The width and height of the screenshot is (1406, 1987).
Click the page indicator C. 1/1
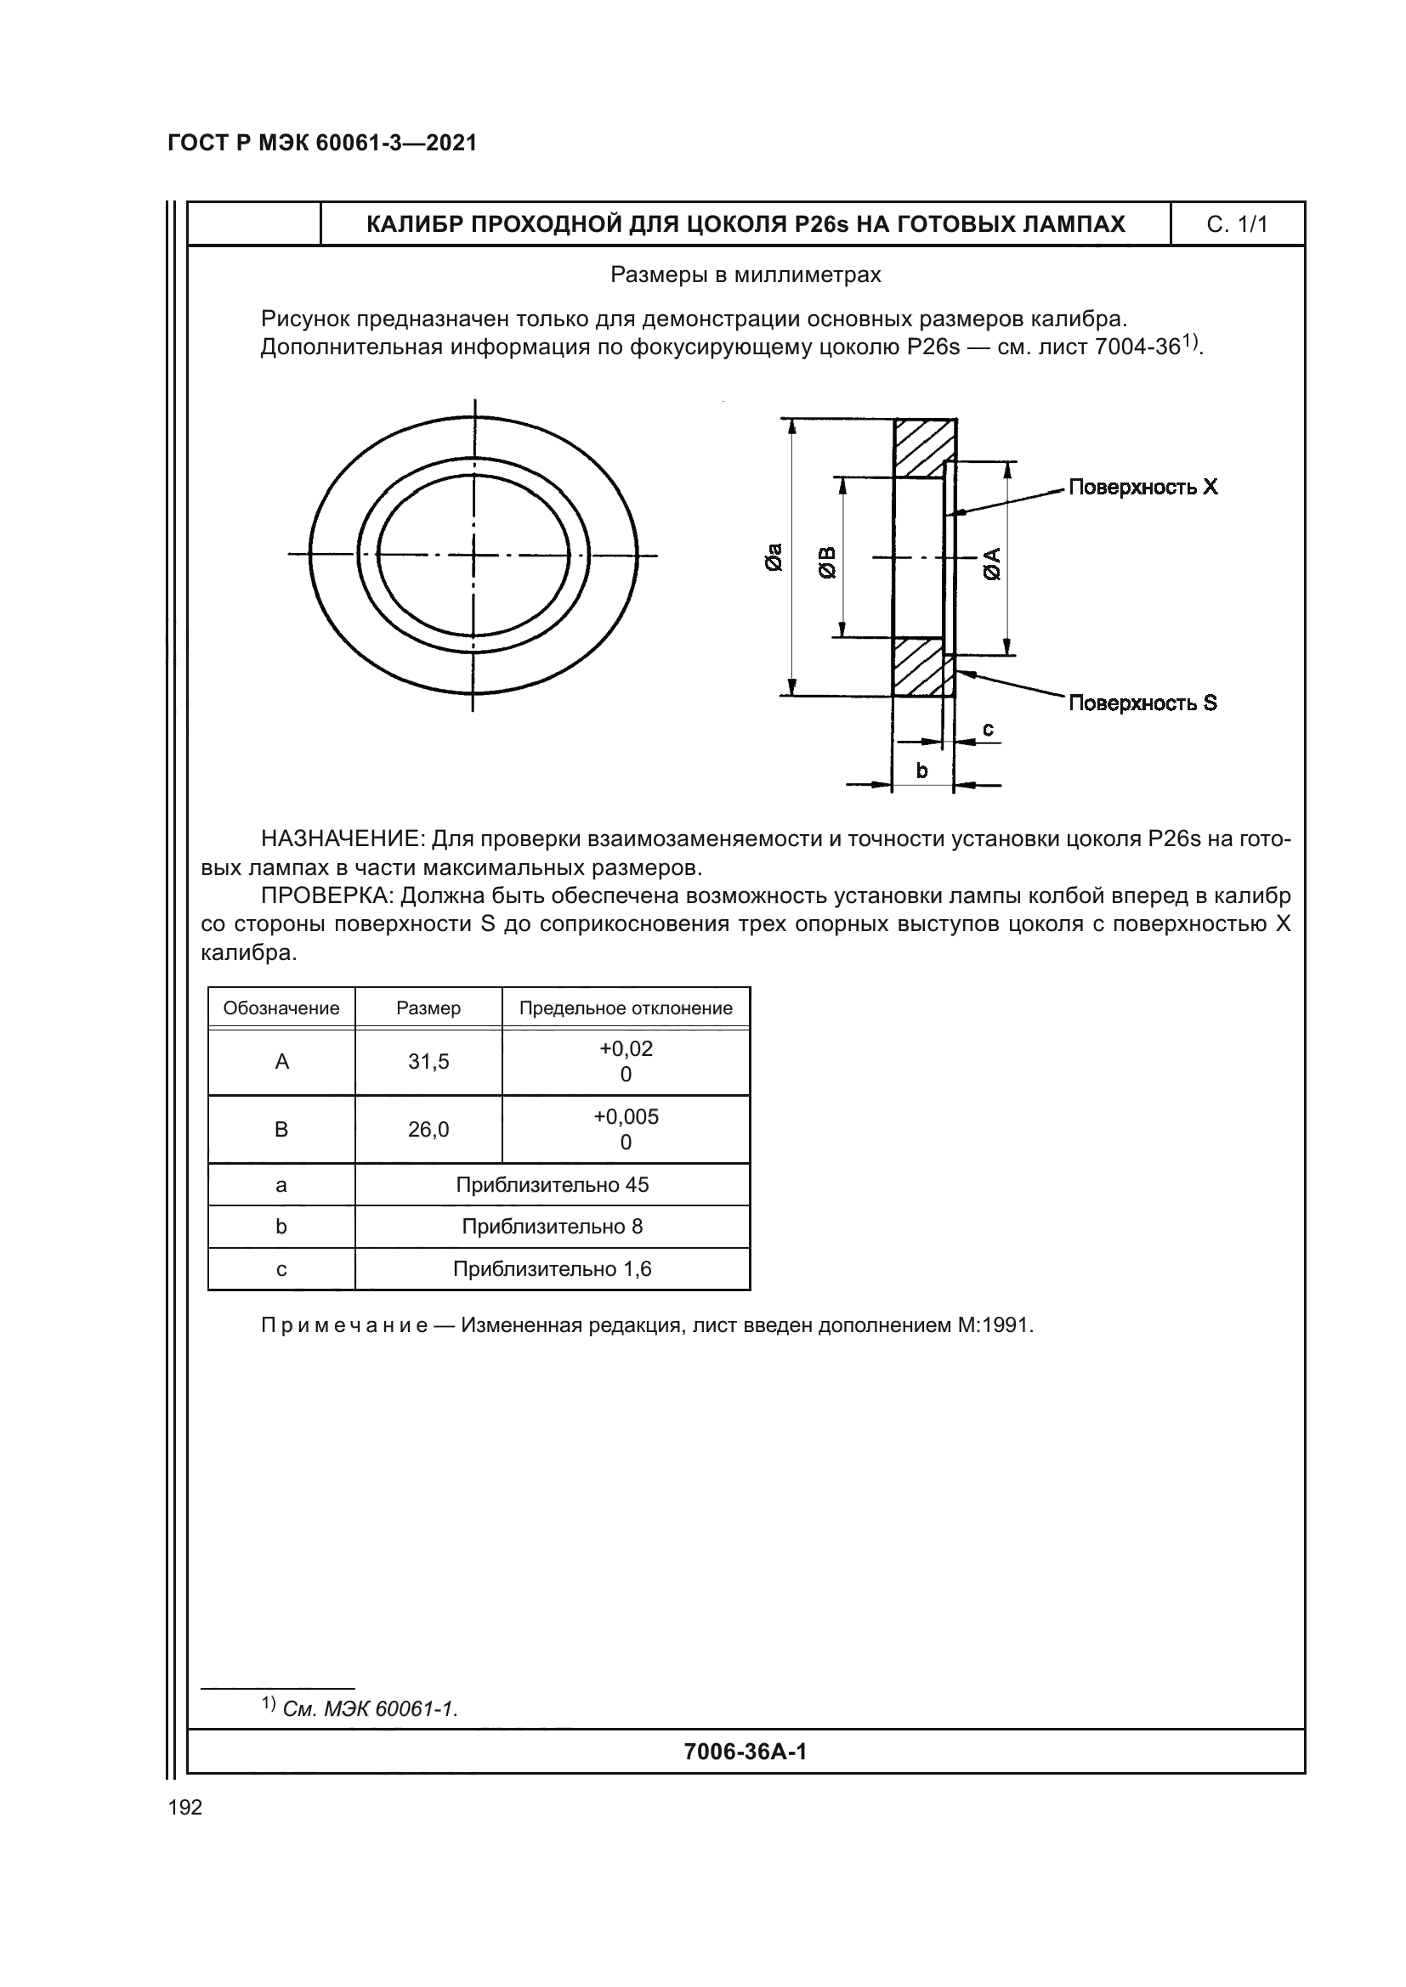pos(1236,225)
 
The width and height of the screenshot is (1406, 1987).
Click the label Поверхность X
pos(1142,488)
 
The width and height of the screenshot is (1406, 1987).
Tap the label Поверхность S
pos(1142,703)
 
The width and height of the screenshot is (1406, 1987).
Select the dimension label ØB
pos(828,562)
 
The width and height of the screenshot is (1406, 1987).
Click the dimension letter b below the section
pos(921,770)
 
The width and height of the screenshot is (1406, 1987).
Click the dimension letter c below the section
pos(988,730)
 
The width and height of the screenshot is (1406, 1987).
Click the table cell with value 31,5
pos(428,1062)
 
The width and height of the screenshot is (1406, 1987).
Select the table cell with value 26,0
pos(428,1129)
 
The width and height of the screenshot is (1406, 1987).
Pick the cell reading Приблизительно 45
pos(552,1185)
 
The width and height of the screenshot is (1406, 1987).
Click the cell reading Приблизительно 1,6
pos(552,1268)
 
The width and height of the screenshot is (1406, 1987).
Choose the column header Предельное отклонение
pos(625,1008)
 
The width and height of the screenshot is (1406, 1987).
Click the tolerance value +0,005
pos(625,1116)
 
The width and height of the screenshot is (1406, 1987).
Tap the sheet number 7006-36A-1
pos(745,1752)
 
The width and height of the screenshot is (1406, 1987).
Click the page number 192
pos(185,1807)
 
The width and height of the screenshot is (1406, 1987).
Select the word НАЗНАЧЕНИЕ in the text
pos(341,838)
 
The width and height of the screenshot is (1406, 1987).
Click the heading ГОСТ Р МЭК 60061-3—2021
pos(322,143)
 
